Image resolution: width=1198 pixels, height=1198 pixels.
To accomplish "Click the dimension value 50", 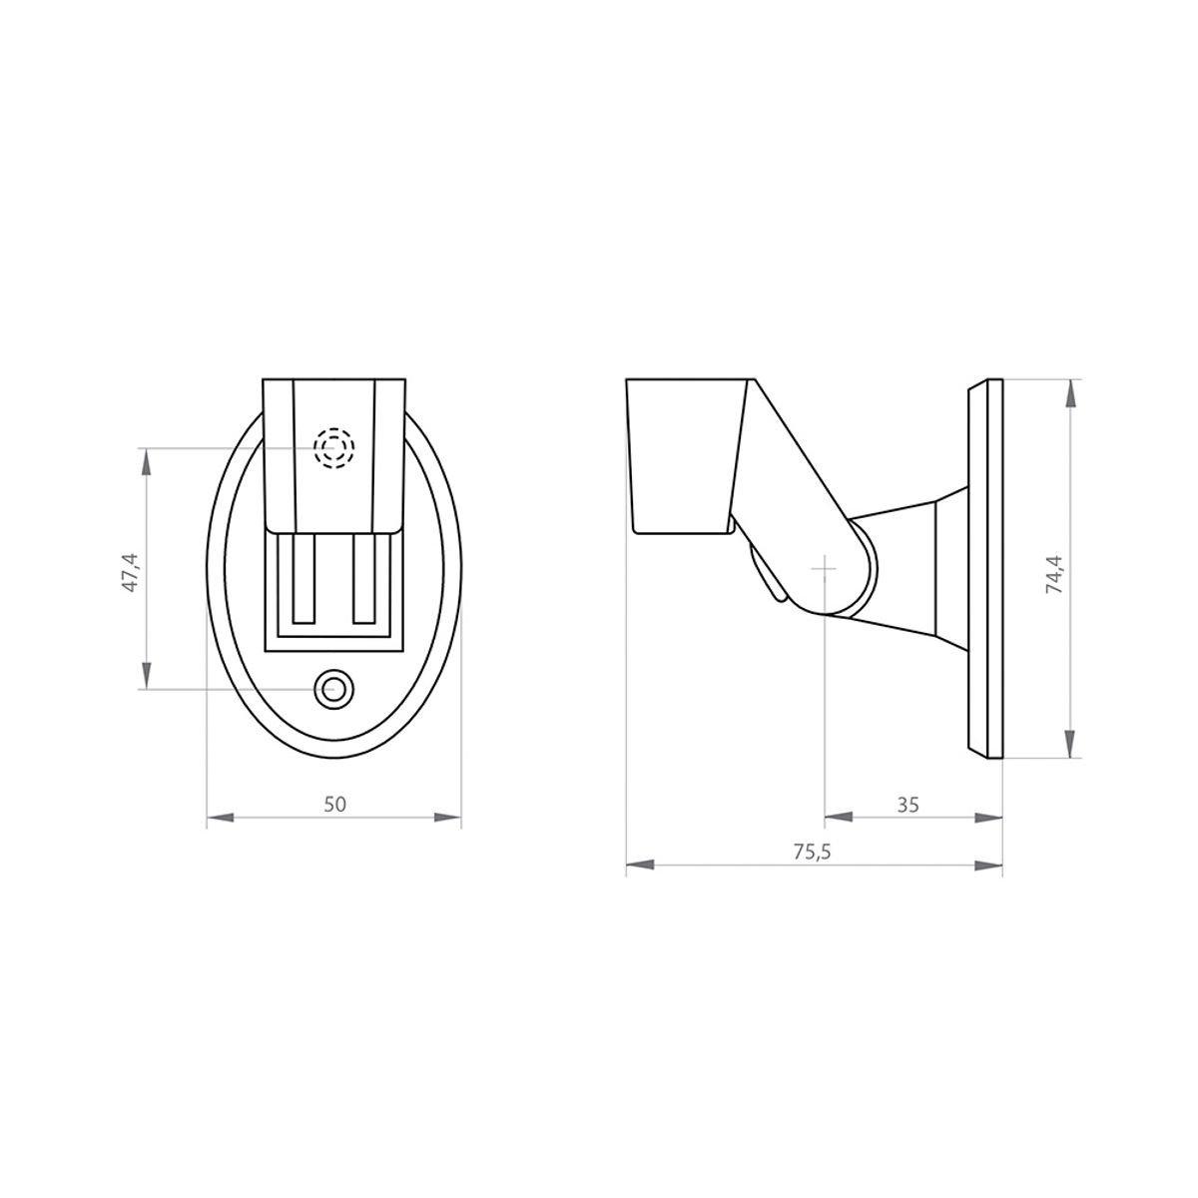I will [335, 805].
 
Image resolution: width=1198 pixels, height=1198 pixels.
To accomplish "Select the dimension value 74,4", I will [1054, 574].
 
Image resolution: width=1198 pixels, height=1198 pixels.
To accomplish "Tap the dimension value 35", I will [906, 804].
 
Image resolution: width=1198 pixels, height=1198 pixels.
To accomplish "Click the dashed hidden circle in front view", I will [334, 448].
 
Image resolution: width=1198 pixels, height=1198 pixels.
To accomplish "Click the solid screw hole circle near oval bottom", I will [334, 688].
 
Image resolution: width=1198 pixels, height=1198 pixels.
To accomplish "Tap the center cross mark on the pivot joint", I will [825, 566].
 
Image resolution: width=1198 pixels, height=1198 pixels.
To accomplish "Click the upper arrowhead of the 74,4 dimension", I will [1070, 392].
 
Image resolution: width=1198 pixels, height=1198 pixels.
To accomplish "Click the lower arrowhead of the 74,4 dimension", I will [1070, 746].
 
